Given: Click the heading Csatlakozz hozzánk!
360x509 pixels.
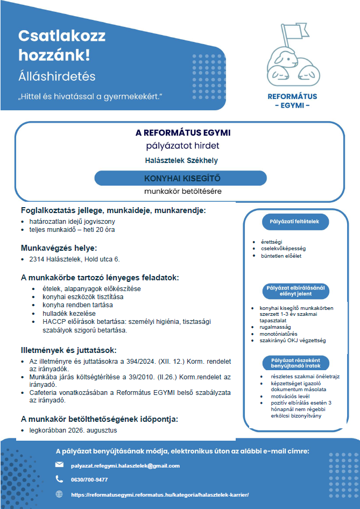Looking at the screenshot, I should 62,45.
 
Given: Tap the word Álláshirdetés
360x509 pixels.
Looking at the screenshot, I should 57,76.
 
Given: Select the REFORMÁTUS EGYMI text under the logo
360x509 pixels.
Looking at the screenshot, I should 292,101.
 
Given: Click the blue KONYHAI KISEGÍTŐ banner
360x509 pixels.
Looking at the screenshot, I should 182,178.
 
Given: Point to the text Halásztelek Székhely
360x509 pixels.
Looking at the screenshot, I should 182,160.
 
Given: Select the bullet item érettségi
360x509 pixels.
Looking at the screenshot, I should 271,242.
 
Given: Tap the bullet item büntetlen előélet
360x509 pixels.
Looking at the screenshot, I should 281,256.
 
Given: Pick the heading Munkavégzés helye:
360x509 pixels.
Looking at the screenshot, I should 59,248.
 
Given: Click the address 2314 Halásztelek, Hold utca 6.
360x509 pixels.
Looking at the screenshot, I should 74,259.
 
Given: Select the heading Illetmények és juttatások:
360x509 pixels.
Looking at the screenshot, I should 73,350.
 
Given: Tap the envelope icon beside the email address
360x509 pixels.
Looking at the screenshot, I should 59,465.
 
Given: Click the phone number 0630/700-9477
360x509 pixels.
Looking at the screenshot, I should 89,479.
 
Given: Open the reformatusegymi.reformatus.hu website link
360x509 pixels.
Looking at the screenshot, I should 160,494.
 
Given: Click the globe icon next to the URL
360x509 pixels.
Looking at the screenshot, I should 59,494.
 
